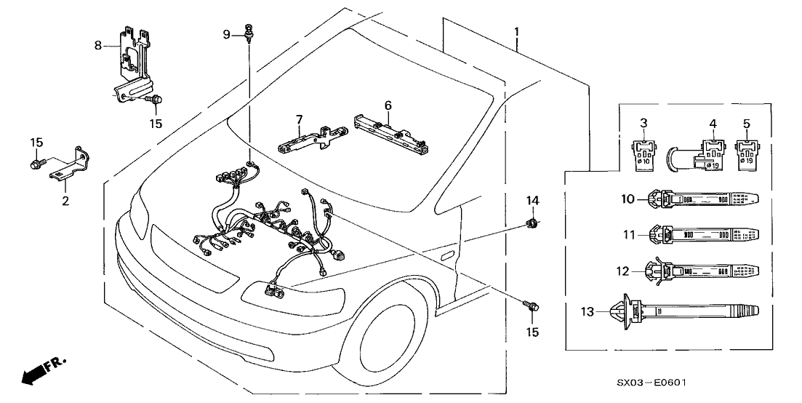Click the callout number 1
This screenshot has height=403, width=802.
click(x=516, y=32)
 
